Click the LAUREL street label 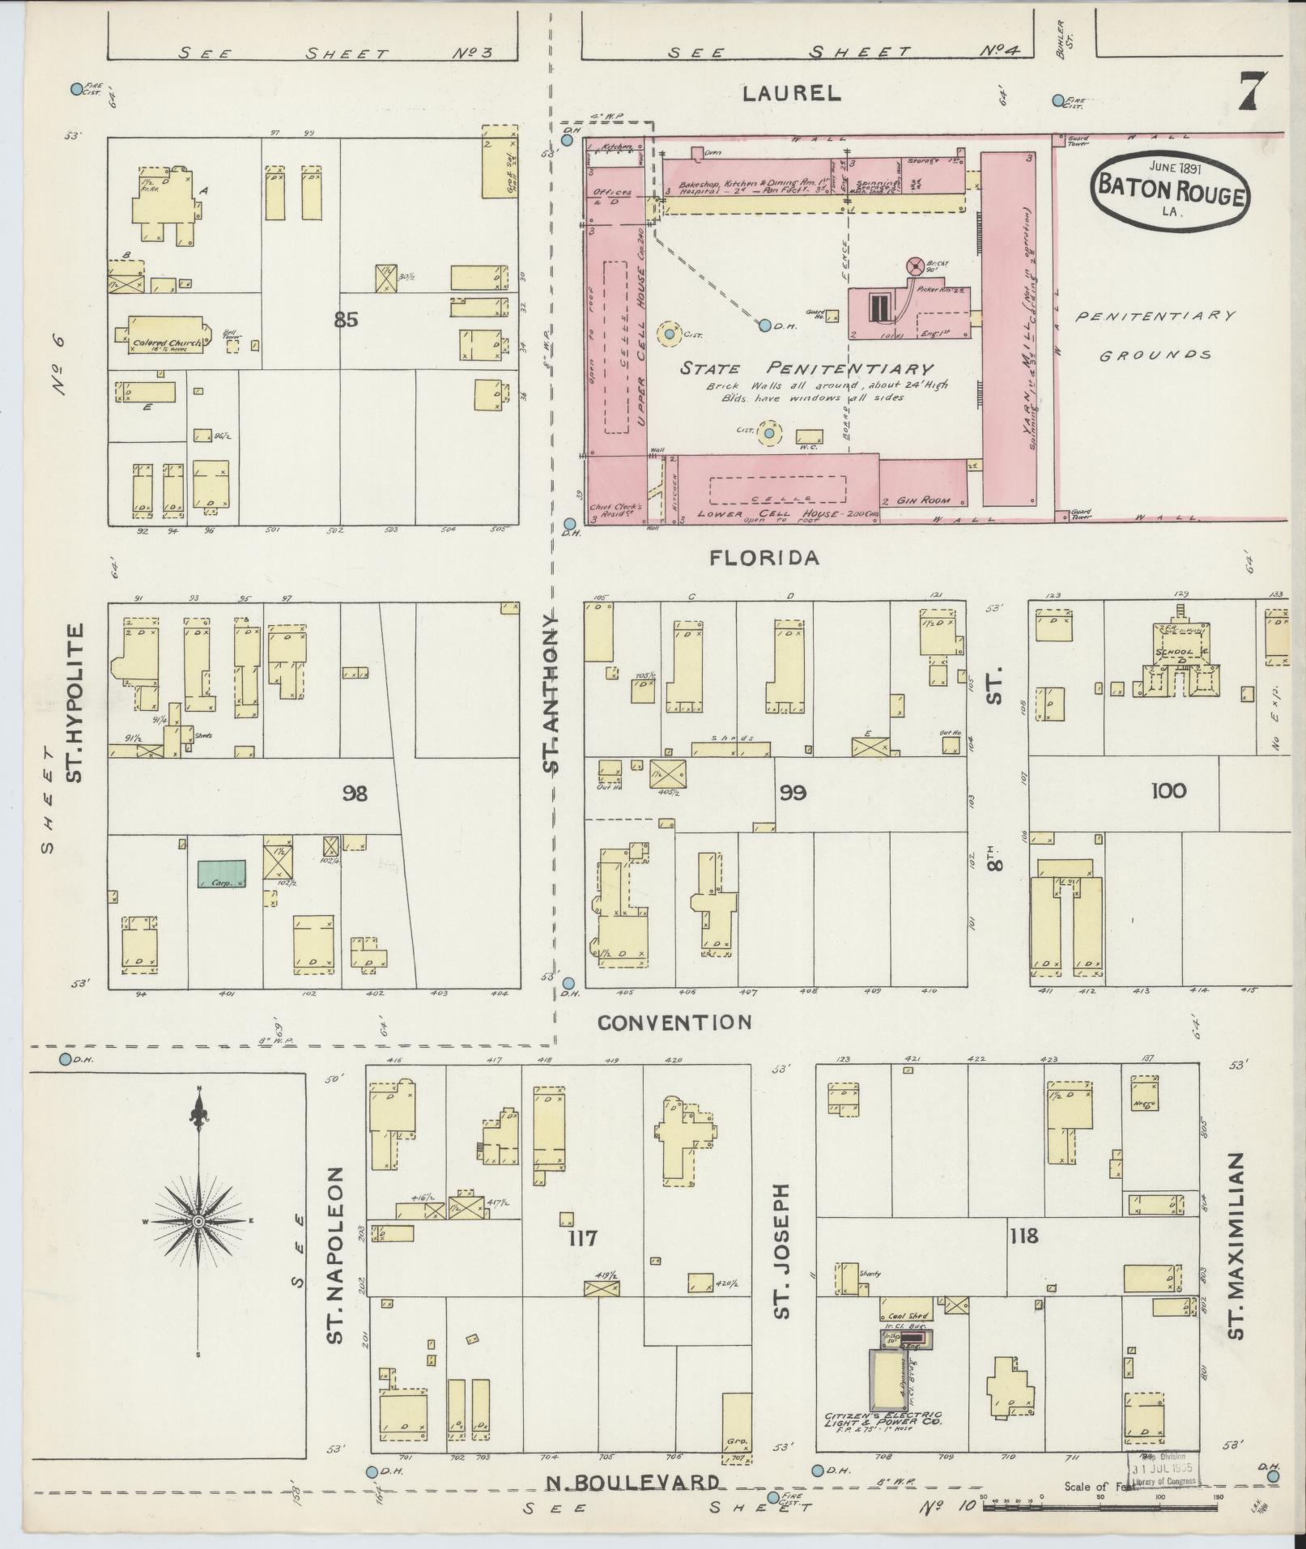[x=793, y=94]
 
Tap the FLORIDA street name [x=765, y=558]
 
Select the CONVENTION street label [x=674, y=1023]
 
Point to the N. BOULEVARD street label [x=632, y=1483]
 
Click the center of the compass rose [x=198, y=1221]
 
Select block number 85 [x=346, y=320]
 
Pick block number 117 [x=582, y=1237]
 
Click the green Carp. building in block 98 [x=222, y=874]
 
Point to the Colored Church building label [x=166, y=343]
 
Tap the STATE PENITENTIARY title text [x=806, y=368]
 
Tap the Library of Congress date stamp [x=1163, y=1468]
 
